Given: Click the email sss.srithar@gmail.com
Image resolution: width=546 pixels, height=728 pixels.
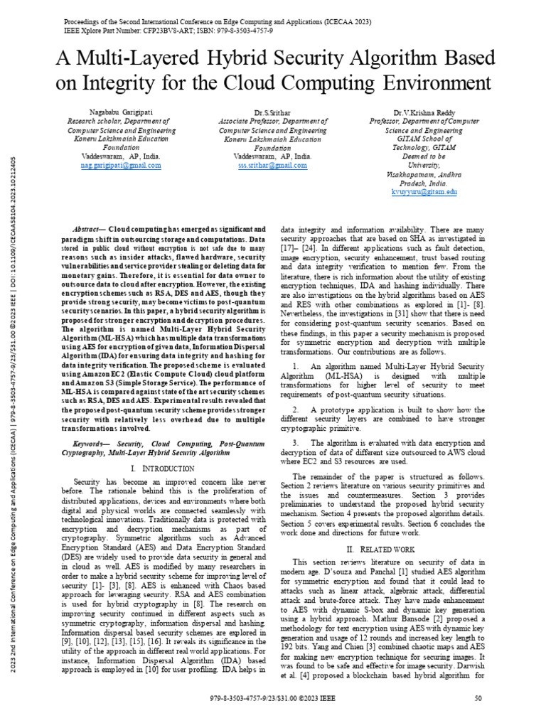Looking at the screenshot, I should tap(272, 165).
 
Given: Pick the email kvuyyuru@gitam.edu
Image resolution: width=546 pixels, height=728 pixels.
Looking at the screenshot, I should tap(424, 192).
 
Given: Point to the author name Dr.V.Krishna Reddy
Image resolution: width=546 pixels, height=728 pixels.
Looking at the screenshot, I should tap(424, 112).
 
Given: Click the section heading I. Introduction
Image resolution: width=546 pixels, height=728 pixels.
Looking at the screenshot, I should tap(163, 469).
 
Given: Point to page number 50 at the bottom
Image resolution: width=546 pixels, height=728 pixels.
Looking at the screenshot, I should tap(478, 718).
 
